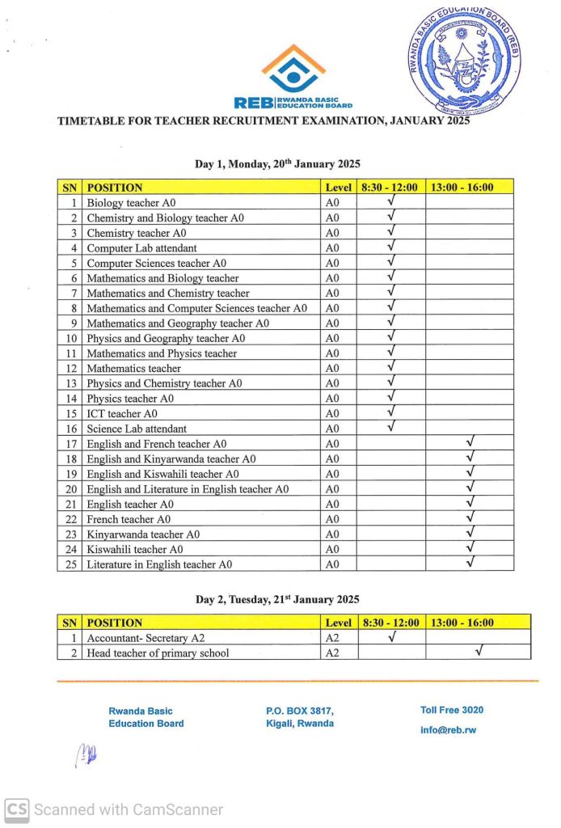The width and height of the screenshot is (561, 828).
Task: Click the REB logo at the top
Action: point(293,77)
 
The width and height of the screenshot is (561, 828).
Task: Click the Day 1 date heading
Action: point(277,164)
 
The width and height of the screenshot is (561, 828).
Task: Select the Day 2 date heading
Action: point(277,600)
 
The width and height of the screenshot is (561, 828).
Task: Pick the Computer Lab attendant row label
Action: point(141,248)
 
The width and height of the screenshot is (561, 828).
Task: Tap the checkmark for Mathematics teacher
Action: point(390,366)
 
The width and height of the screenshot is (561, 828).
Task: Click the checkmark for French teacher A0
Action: point(470,517)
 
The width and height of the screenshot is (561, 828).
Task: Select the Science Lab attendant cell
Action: point(137,429)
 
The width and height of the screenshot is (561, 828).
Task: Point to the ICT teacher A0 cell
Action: point(122,414)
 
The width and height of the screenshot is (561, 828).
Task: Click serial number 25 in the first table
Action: point(70,564)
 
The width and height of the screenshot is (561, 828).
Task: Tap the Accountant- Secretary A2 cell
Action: point(146,638)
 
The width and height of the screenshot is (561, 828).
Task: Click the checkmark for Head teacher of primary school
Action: point(479,651)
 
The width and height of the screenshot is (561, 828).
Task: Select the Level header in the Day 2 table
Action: point(338,623)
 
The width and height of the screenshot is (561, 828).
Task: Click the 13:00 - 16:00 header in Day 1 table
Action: point(462,188)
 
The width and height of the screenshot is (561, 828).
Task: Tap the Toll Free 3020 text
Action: point(452,710)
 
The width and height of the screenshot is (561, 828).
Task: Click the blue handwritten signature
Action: point(86,755)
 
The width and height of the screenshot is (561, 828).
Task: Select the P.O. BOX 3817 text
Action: point(299,711)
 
